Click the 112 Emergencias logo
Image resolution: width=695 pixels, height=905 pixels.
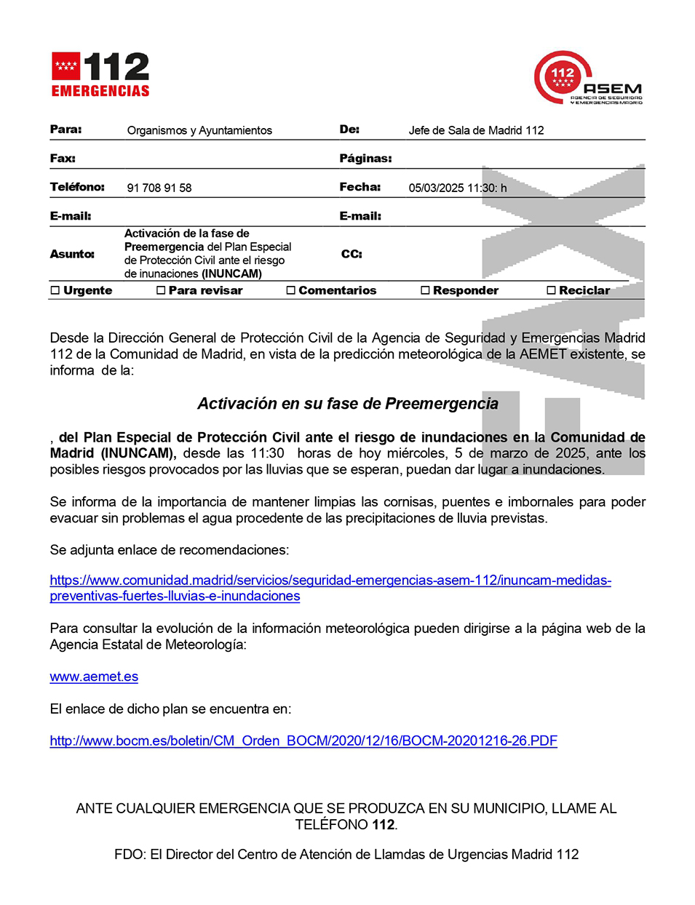[x=100, y=74]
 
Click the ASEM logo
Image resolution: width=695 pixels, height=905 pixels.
[x=589, y=78]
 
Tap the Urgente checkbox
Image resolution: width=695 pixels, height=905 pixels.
[x=55, y=290]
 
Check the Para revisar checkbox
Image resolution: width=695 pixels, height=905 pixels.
[x=161, y=290]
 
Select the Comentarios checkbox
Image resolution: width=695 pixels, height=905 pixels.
[x=291, y=290]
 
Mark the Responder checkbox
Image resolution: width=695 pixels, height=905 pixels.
[x=425, y=290]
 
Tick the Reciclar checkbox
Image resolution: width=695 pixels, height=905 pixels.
[x=551, y=290]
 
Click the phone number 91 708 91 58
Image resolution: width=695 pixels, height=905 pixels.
[x=159, y=188]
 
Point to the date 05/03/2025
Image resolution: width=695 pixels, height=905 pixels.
[x=436, y=188]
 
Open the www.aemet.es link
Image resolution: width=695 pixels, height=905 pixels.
[x=94, y=677]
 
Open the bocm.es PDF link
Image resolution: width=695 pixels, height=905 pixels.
[x=303, y=741]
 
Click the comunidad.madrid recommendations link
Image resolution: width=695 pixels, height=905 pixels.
[x=330, y=581]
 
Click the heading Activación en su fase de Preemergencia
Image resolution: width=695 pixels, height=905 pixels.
[x=348, y=404]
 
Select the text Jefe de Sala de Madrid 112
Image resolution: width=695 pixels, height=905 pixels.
[x=476, y=130]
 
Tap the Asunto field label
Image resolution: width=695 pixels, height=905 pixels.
[x=72, y=254]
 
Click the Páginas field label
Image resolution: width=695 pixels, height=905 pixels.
[x=365, y=159]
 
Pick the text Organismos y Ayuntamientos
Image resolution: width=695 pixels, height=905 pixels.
[x=199, y=130]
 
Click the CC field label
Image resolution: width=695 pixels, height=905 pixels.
[x=352, y=254]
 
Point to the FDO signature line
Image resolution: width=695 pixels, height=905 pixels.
[x=346, y=854]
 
